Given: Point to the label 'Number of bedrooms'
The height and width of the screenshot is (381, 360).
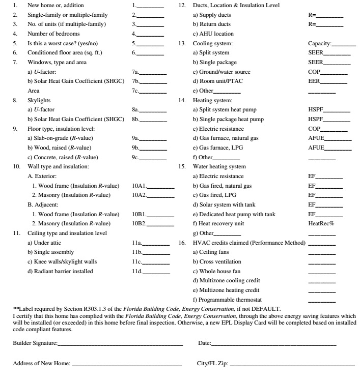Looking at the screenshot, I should tap(50, 34).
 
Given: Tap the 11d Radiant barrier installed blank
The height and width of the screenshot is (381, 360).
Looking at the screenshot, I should tap(156, 272).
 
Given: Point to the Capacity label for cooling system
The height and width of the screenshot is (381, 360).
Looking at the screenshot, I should tap(319, 44).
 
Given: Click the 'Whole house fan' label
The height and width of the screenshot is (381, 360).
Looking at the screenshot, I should tap(216, 271).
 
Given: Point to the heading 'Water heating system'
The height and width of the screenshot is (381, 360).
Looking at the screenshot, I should tap(219, 167).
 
